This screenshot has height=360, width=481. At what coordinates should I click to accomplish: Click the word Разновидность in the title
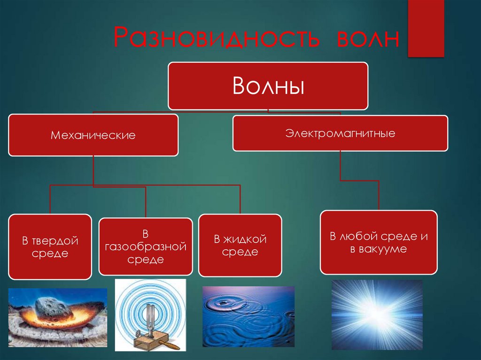pyautogui.click(x=217, y=37)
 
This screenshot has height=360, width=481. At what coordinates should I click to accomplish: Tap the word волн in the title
pyautogui.click(x=368, y=39)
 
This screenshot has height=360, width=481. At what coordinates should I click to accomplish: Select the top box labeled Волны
pyautogui.click(x=268, y=86)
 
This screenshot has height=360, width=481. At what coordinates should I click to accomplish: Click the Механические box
pyautogui.click(x=93, y=135)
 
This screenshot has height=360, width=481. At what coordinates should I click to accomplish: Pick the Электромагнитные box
pyautogui.click(x=340, y=133)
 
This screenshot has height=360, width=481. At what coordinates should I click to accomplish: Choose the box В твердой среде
pyautogui.click(x=50, y=247)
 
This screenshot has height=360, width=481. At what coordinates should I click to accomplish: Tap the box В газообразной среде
pyautogui.click(x=146, y=246)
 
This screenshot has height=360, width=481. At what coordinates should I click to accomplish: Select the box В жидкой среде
pyautogui.click(x=240, y=245)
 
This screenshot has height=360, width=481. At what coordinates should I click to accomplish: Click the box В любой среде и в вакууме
pyautogui.click(x=379, y=242)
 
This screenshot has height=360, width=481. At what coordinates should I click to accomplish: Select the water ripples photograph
pyautogui.click(x=248, y=316)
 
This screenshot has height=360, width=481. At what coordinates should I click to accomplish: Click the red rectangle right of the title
pyautogui.click(x=426, y=28)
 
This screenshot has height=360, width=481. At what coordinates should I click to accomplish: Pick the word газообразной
pyautogui.click(x=146, y=247)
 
